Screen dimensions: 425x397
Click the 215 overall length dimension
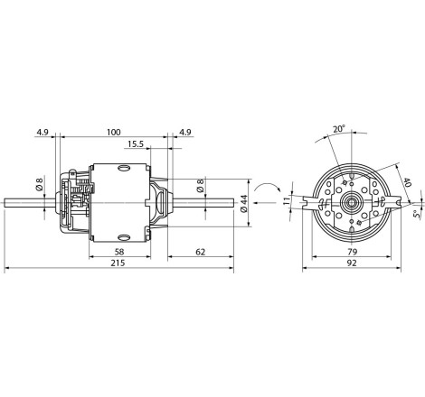click(118, 263)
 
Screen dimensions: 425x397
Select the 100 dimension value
click(114, 132)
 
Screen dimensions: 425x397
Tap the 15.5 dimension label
click(135, 144)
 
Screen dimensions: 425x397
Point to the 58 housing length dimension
click(119, 252)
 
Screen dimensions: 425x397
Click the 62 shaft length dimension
click(201, 252)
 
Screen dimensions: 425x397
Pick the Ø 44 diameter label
click(244, 204)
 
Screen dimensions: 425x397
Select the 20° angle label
click(338, 129)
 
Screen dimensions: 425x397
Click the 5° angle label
click(417, 214)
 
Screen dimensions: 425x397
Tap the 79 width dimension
click(352, 252)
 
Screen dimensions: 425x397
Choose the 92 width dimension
click(352, 263)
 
